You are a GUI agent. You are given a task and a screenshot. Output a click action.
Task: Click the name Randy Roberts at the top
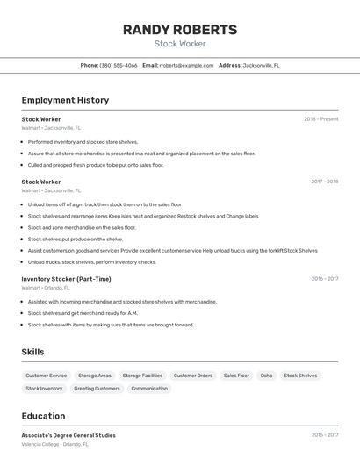[179, 30]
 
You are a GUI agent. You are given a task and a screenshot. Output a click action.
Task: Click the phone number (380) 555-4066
[119, 65]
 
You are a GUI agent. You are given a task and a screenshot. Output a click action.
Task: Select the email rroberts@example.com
[186, 65]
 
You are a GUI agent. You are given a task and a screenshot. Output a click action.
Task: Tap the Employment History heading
[65, 100]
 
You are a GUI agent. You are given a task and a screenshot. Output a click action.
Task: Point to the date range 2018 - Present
[320, 119]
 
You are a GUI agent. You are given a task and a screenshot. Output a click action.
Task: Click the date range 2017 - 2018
[324, 182]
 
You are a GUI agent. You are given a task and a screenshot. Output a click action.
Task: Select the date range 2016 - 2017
[324, 279]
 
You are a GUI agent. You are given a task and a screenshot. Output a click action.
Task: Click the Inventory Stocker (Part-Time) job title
[66, 279]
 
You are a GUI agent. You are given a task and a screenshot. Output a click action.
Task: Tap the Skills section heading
[33, 352]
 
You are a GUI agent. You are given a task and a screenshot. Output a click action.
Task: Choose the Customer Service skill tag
[46, 376]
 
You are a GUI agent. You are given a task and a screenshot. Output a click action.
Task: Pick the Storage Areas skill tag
[95, 376]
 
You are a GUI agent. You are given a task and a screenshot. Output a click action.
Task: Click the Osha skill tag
[266, 376]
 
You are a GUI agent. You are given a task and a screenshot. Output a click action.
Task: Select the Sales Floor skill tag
[236, 376]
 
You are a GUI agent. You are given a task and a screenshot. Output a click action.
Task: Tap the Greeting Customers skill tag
[97, 388]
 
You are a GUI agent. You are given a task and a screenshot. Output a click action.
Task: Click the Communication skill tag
[149, 388]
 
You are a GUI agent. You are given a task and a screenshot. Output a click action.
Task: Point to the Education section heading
[43, 416]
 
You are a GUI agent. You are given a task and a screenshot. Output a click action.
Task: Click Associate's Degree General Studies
[68, 435]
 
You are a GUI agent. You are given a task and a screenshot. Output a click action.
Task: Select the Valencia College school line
[54, 444]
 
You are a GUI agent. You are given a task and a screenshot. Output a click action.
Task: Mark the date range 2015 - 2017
[324, 435]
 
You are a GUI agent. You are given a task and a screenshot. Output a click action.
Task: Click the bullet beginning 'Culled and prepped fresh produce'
[96, 165]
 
